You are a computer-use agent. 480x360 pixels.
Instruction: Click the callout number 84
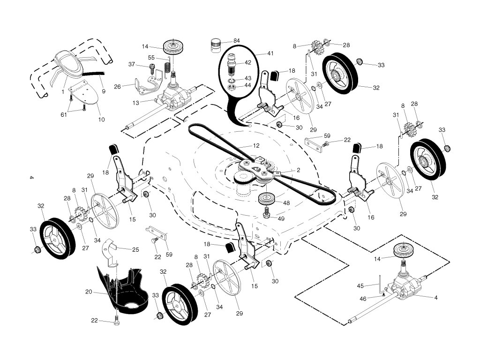tap(237, 41)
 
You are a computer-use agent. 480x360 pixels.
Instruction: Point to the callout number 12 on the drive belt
tap(256, 146)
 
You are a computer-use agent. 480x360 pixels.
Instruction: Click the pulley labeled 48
tap(268, 198)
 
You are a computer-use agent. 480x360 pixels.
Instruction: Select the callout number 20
tap(89, 291)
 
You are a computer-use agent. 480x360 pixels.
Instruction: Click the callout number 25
tap(135, 250)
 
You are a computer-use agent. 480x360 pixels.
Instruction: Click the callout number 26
tap(118, 86)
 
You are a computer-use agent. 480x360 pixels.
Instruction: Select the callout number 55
tap(151, 57)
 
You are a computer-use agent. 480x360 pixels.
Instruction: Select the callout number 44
tap(248, 85)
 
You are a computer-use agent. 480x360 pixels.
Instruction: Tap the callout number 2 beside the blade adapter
tap(298, 170)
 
